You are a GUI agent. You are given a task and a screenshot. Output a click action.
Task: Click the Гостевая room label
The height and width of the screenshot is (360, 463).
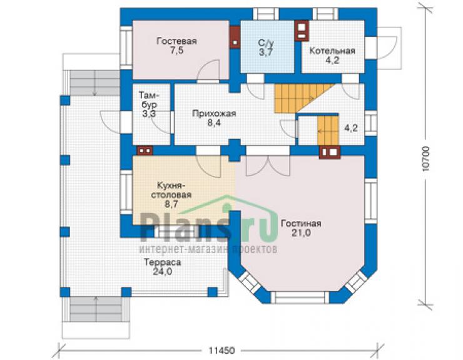tap(176, 41)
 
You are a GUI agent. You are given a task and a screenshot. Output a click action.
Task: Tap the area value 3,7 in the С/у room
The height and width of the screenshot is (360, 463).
tap(266, 53)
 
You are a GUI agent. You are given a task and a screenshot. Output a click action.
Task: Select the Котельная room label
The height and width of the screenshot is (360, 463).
tap(332, 51)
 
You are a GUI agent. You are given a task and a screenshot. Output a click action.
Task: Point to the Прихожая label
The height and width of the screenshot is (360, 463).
tap(214, 113)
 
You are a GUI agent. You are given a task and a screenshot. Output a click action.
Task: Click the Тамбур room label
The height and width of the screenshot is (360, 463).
tap(149, 100)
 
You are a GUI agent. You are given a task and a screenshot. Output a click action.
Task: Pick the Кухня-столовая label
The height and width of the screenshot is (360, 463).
tap(171, 190)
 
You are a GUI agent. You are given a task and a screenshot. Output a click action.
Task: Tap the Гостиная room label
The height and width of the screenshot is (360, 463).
tap(301, 224)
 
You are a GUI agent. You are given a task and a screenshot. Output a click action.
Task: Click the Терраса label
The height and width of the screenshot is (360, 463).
tap(163, 262)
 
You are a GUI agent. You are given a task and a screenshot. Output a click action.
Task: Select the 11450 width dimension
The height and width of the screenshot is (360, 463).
tap(221, 351)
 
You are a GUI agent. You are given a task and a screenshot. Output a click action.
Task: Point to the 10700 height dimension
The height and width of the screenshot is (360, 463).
tap(425, 159)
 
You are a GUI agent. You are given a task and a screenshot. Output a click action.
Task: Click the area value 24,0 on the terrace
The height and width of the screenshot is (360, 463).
tap(163, 271)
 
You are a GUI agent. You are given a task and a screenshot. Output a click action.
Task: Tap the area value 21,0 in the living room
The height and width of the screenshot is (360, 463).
tap(301, 233)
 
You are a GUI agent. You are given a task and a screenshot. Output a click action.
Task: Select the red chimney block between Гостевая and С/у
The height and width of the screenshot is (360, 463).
tap(235, 37)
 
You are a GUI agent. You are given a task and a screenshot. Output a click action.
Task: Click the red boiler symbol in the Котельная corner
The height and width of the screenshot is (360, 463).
tap(302, 31)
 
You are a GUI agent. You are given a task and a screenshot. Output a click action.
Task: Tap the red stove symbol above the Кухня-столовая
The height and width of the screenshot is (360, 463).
tap(145, 150)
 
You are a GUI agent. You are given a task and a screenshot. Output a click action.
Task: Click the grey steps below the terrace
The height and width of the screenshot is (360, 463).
tap(96, 309)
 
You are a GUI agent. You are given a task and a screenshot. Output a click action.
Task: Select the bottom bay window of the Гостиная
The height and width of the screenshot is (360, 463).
tap(300, 297)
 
